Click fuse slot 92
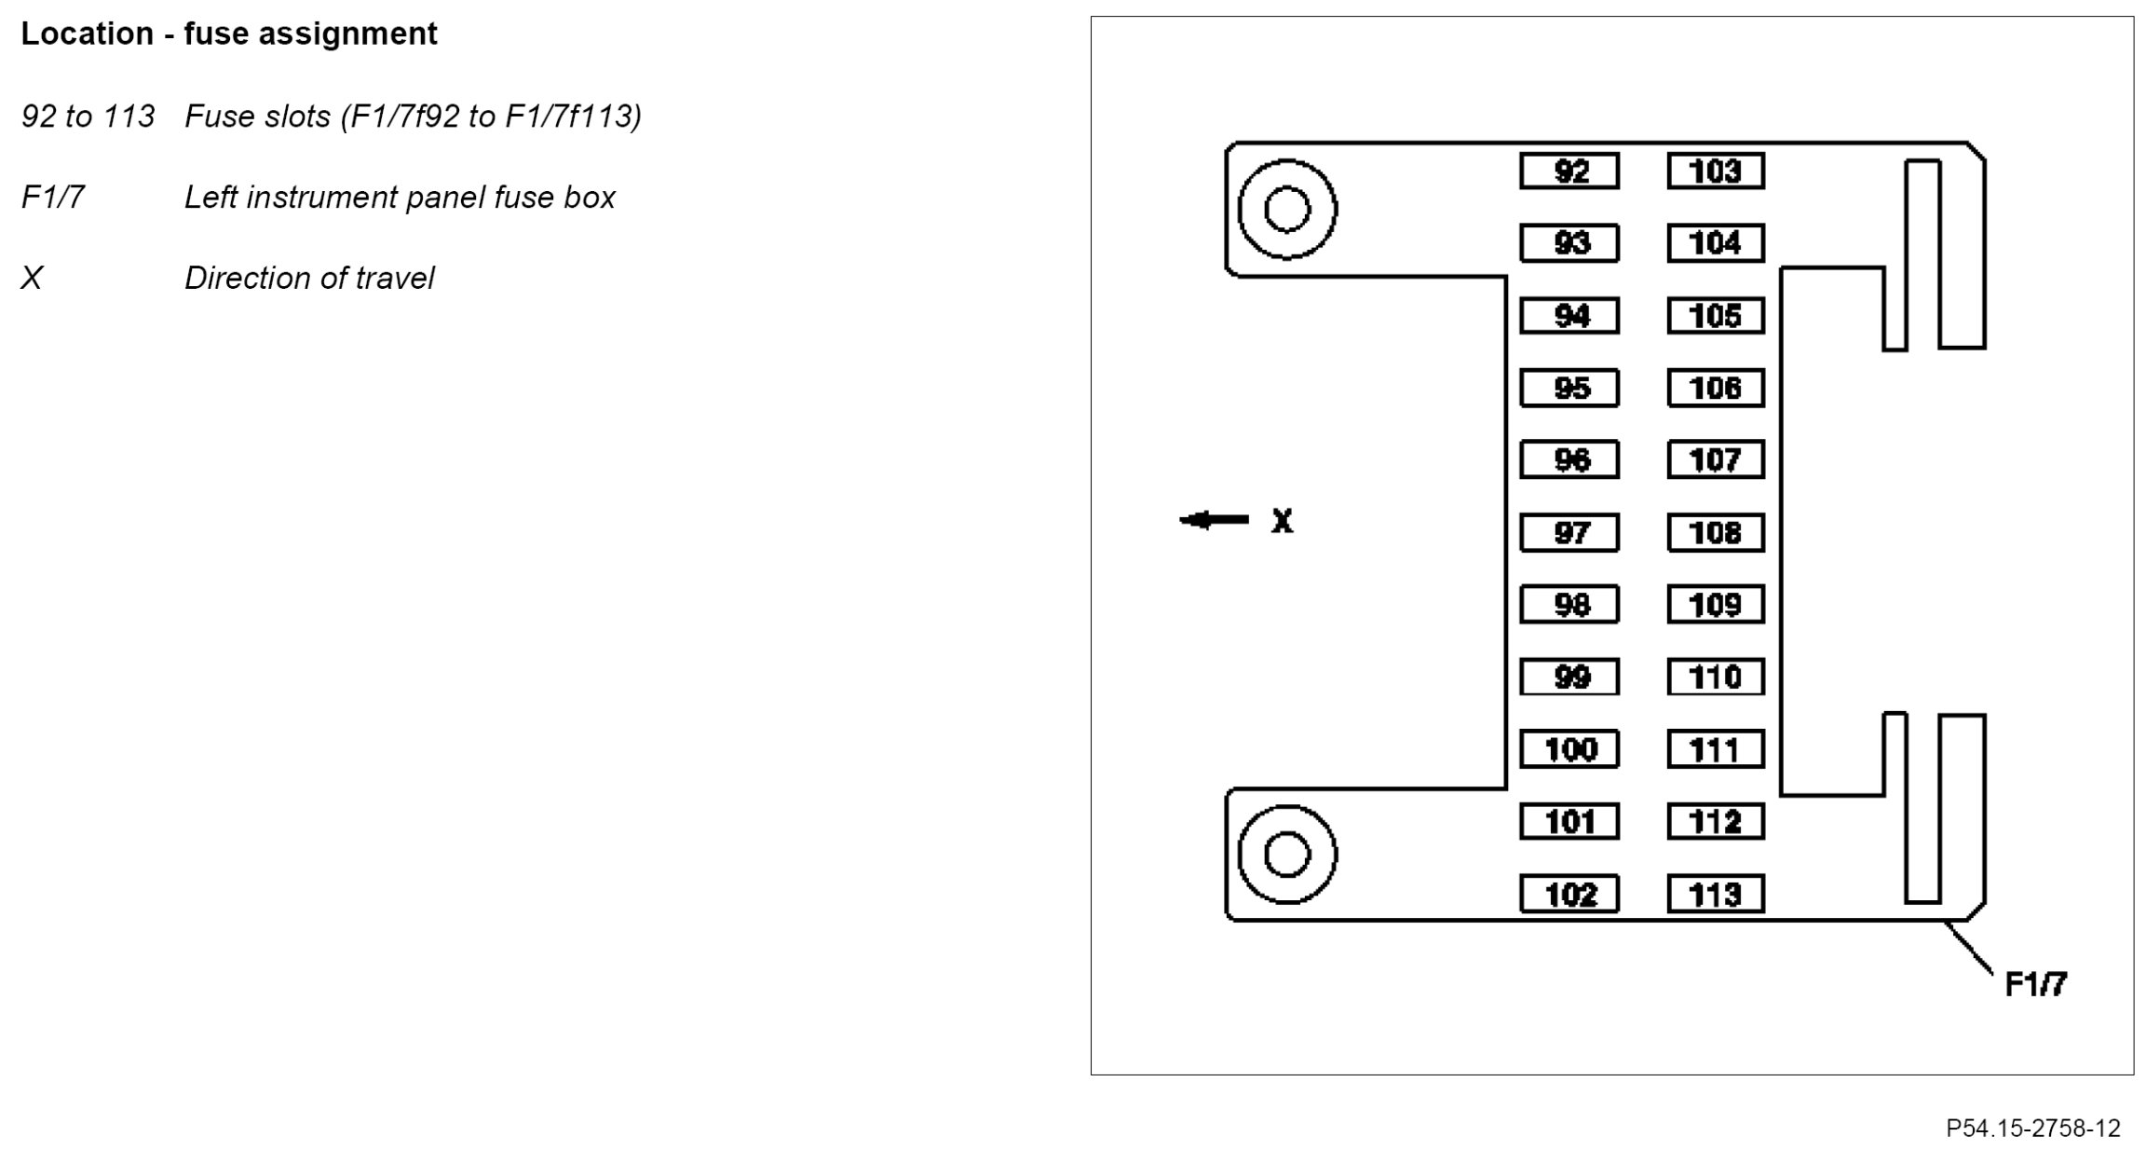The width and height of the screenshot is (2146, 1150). pyautogui.click(x=1569, y=171)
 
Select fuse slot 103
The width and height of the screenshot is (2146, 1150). pyautogui.click(x=1715, y=171)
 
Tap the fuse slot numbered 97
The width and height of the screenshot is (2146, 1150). pyautogui.click(x=1569, y=533)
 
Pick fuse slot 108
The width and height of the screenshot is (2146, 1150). pyautogui.click(x=1715, y=533)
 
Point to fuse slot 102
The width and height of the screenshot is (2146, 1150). pyautogui.click(x=1569, y=895)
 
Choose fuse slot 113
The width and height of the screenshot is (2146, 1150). pyautogui.click(x=1715, y=895)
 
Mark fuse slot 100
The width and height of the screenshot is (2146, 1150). pyautogui.click(x=1569, y=749)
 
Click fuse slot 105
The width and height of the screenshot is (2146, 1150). pyautogui.click(x=1715, y=316)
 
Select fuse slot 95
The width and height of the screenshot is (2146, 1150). pyautogui.click(x=1569, y=388)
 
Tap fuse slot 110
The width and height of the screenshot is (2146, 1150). pyautogui.click(x=1715, y=678)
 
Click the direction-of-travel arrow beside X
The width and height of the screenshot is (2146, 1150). pyautogui.click(x=1215, y=520)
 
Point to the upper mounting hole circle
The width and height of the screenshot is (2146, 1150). pyautogui.click(x=1287, y=209)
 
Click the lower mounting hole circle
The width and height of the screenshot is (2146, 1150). pyautogui.click(x=1287, y=855)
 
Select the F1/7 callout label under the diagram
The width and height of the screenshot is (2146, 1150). pyautogui.click(x=2036, y=984)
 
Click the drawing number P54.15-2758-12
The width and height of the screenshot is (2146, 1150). pyautogui.click(x=2032, y=1129)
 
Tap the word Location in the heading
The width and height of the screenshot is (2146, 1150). pyautogui.click(x=87, y=34)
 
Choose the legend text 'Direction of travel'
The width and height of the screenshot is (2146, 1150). pyautogui.click(x=309, y=278)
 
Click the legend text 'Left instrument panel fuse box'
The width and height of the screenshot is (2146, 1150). pyautogui.click(x=400, y=197)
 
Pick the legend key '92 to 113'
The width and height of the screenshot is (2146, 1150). pyautogui.click(x=88, y=116)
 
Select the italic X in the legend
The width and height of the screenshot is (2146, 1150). pyautogui.click(x=32, y=278)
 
